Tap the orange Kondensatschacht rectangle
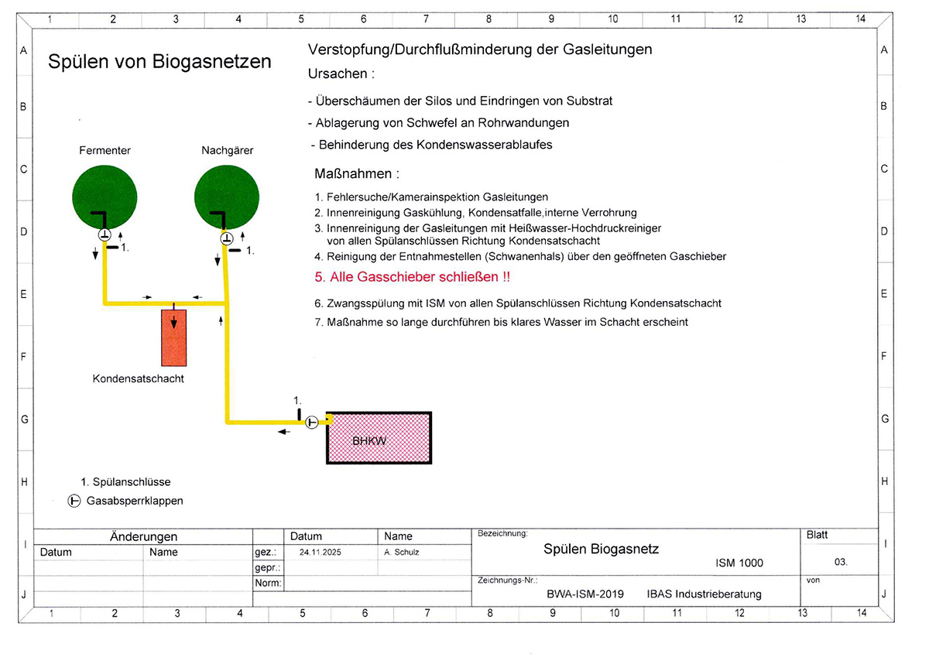(174, 337)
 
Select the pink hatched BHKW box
(379, 438)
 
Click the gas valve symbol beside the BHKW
(311, 422)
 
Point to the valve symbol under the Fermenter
(105, 234)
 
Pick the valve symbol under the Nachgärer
(226, 238)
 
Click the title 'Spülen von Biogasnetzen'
(159, 62)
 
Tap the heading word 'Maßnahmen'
(357, 174)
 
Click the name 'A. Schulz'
(401, 553)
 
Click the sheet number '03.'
(841, 563)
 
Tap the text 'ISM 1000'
(739, 563)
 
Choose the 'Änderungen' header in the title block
(144, 536)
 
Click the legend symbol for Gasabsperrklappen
(75, 501)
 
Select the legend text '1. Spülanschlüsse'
(125, 482)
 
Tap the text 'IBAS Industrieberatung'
(704, 594)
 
